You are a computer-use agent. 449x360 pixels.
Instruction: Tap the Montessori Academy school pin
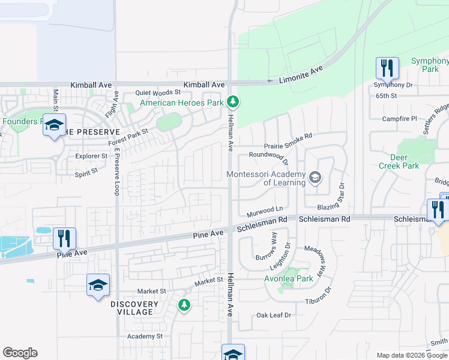pyautogui.click(x=315, y=178)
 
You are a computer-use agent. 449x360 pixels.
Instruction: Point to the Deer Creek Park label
pyautogui.click(x=394, y=161)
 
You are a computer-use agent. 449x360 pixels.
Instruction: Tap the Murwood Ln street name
pyautogui.click(x=264, y=212)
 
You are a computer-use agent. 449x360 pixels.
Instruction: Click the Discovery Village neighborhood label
pyautogui.click(x=135, y=308)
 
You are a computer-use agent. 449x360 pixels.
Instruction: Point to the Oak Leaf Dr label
pyautogui.click(x=273, y=315)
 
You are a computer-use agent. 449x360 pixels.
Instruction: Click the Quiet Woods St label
pyautogui.click(x=157, y=92)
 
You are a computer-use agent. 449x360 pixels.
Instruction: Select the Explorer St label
pyautogui.click(x=91, y=156)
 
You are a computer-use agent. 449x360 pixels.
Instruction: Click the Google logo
pyautogui.click(x=20, y=353)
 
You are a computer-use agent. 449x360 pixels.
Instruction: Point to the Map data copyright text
pyautogui.click(x=412, y=355)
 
